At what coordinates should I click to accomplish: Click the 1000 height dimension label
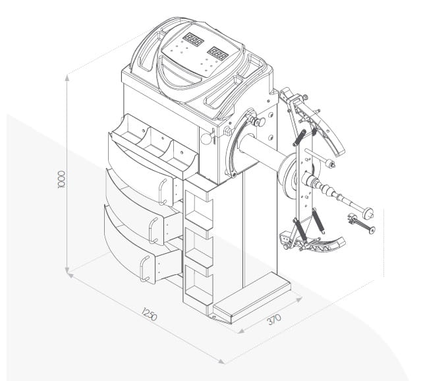61,179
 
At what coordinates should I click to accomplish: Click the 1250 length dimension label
150,314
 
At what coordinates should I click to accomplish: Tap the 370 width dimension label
274,319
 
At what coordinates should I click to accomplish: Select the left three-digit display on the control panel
193,40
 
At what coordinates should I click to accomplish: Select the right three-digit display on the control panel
218,53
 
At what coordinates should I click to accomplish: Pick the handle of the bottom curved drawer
144,269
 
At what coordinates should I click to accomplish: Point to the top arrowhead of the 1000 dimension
67,78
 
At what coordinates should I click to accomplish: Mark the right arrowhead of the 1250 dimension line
221,361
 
